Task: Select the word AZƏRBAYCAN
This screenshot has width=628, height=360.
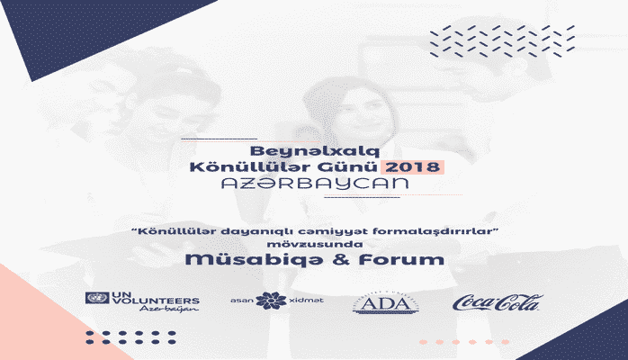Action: pos(313,184)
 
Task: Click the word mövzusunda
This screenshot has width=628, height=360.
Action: pos(314,243)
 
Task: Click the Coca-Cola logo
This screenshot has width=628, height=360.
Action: pos(496,302)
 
